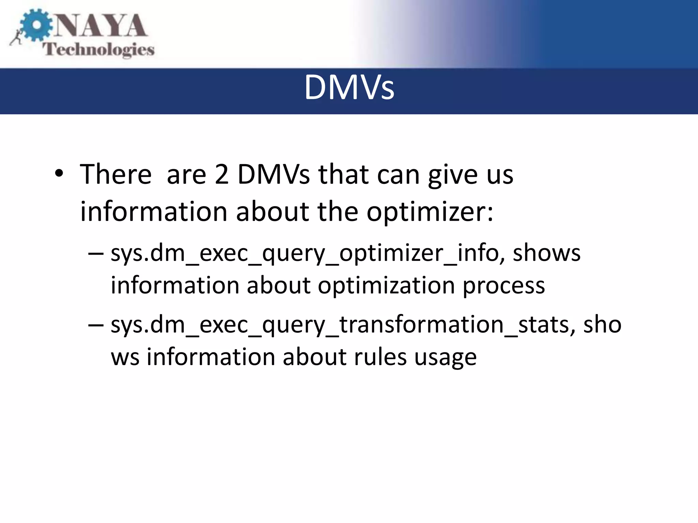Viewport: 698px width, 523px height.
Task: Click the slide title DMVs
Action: (x=349, y=88)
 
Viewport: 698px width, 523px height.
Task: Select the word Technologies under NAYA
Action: (x=98, y=50)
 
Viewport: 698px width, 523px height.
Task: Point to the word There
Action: (x=116, y=175)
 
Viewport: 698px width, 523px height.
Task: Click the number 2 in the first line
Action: (x=222, y=175)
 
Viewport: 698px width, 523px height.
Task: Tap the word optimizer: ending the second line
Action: (x=430, y=212)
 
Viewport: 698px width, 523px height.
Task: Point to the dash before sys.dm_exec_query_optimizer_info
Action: (x=95, y=254)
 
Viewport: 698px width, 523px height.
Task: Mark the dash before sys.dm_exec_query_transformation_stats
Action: (x=95, y=325)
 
